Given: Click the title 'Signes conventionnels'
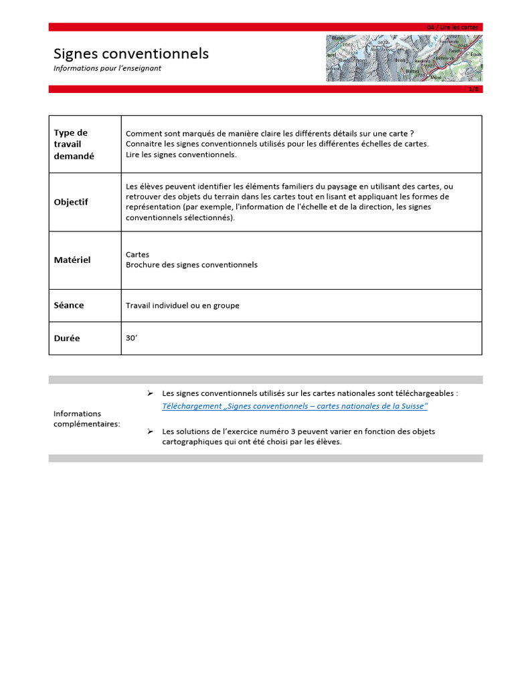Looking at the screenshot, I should [131, 54].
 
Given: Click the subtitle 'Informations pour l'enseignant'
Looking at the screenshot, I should [107, 68].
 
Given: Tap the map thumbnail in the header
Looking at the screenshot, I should [404, 58].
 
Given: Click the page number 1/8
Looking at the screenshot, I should [474, 89].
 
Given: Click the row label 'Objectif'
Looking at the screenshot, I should [71, 202].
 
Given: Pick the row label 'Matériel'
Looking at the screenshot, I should [72, 260].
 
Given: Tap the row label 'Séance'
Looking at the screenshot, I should [69, 305].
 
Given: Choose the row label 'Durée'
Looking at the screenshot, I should [67, 338].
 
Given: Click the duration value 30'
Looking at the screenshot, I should [131, 338].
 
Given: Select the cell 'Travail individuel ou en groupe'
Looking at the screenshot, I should [182, 306].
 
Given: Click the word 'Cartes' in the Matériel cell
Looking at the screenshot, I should [137, 255].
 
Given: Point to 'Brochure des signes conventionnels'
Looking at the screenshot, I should [191, 265].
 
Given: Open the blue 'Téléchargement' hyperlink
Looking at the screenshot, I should [294, 406].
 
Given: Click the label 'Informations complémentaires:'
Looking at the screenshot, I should [87, 419].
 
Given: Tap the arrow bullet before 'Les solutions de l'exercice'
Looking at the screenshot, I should [151, 431].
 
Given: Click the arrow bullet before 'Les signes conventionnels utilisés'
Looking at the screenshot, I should [151, 394].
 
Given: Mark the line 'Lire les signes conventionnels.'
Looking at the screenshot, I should [181, 155].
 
